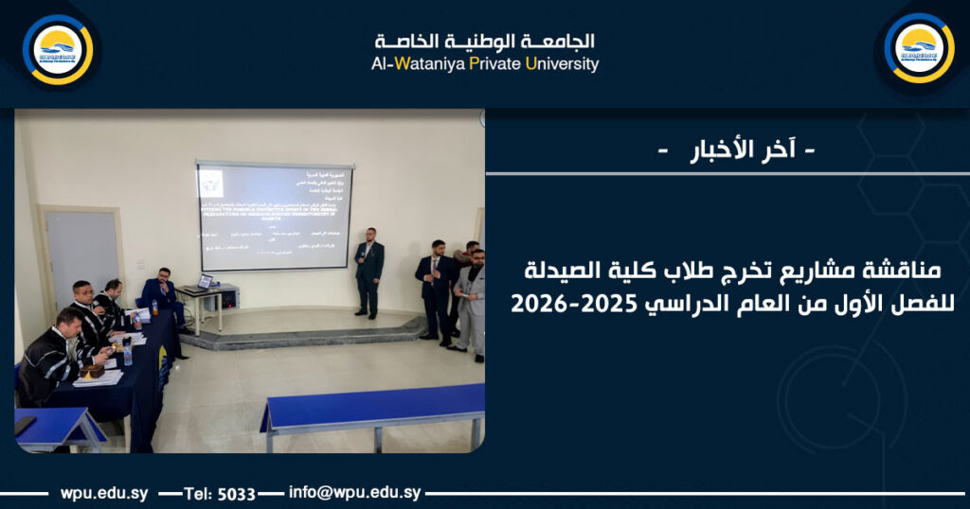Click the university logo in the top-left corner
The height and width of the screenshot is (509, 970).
click(58, 49)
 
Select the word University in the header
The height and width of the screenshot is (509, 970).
click(563, 64)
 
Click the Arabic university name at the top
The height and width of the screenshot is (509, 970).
click(484, 41)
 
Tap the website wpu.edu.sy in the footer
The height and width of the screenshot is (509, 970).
click(103, 493)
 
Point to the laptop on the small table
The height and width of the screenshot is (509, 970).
click(205, 281)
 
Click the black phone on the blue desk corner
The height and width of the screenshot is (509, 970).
click(25, 425)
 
